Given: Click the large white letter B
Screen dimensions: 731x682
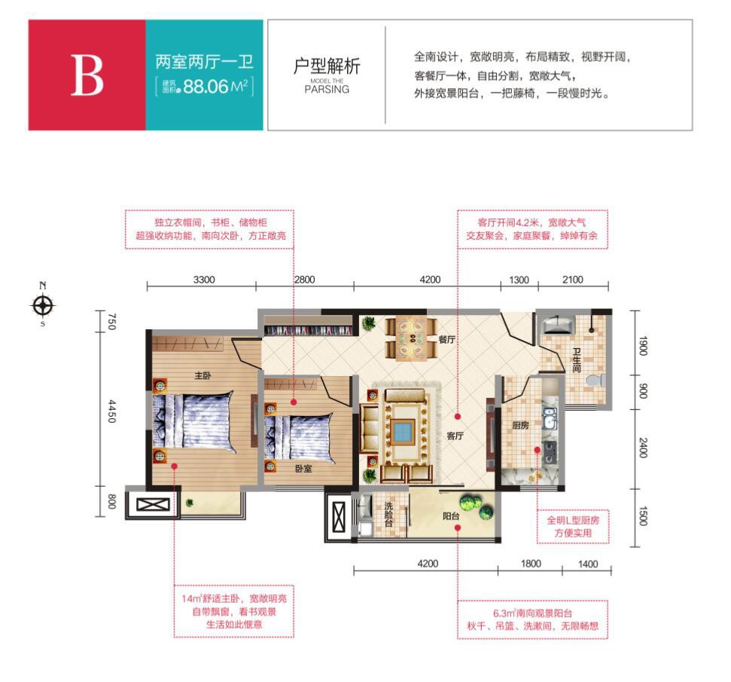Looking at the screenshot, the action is pyautogui.click(x=87, y=75).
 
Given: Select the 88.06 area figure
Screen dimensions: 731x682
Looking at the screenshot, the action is pyautogui.click(x=206, y=87).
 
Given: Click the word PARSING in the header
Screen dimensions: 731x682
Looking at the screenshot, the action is pyautogui.click(x=327, y=90).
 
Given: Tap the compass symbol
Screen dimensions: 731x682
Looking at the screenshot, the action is pyautogui.click(x=43, y=306).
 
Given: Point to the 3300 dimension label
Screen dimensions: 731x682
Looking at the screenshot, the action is pyautogui.click(x=204, y=280).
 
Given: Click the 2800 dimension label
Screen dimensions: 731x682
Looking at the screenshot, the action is pyautogui.click(x=304, y=280).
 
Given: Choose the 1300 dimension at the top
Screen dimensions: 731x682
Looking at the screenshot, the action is pyautogui.click(x=519, y=280).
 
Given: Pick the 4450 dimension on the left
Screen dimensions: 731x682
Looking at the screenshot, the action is pyautogui.click(x=111, y=411).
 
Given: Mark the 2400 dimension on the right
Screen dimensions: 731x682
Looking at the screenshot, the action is pyautogui.click(x=643, y=448).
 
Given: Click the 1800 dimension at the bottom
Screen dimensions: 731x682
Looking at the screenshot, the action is pyautogui.click(x=531, y=564).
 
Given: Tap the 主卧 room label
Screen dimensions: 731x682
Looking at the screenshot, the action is pyautogui.click(x=203, y=375).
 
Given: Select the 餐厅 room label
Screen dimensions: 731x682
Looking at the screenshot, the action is pyautogui.click(x=446, y=339).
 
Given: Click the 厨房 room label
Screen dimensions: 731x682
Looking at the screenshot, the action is pyautogui.click(x=520, y=425).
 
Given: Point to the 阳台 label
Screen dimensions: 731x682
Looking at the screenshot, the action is pyautogui.click(x=451, y=515).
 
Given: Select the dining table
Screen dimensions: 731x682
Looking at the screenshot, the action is pyautogui.click(x=411, y=338).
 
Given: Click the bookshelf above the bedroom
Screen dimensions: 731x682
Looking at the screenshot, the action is pyautogui.click(x=308, y=330).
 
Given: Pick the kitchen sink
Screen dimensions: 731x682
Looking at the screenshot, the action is pyautogui.click(x=550, y=417).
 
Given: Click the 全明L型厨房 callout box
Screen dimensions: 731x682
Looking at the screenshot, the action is pyautogui.click(x=573, y=527).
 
